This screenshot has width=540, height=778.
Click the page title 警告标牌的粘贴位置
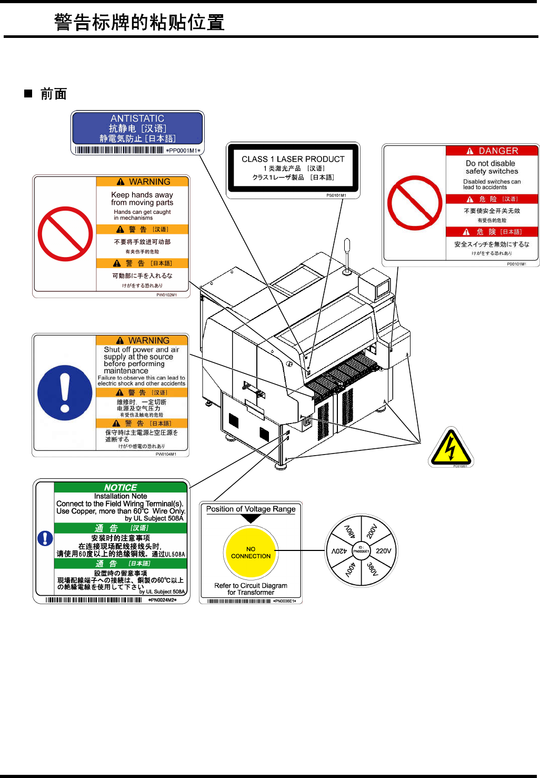click(x=139, y=23)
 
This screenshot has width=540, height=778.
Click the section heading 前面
click(x=53, y=94)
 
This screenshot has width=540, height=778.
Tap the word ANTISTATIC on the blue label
click(x=137, y=119)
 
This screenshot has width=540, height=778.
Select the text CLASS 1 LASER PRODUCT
click(x=293, y=159)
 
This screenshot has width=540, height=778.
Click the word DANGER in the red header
click(x=498, y=151)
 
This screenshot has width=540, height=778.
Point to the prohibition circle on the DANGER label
click(x=415, y=203)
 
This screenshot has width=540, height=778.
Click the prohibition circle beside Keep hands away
click(x=65, y=234)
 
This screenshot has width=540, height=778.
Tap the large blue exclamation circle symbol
click(x=65, y=393)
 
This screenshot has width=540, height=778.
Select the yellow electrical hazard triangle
click(x=451, y=448)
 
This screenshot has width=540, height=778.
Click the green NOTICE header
click(x=121, y=488)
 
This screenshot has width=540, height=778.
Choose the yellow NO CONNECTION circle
click(x=251, y=553)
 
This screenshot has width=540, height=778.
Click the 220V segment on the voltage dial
click(x=383, y=551)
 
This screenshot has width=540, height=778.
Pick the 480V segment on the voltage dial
click(x=349, y=530)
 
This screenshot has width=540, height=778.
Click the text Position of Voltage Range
click(x=251, y=509)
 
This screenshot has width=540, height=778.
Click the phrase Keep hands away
click(x=142, y=195)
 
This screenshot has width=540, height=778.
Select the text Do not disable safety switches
click(x=492, y=168)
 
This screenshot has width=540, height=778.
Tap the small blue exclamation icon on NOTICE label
click(x=45, y=538)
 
